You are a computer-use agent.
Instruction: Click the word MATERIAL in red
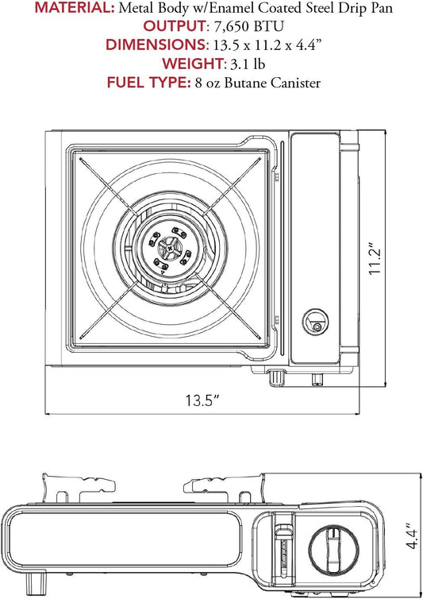(75, 8)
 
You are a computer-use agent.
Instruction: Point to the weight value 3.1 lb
(248, 64)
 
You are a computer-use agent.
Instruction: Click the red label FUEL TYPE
(148, 82)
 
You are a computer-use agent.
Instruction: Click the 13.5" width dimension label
(202, 400)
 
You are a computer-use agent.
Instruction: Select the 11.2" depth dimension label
(375, 258)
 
